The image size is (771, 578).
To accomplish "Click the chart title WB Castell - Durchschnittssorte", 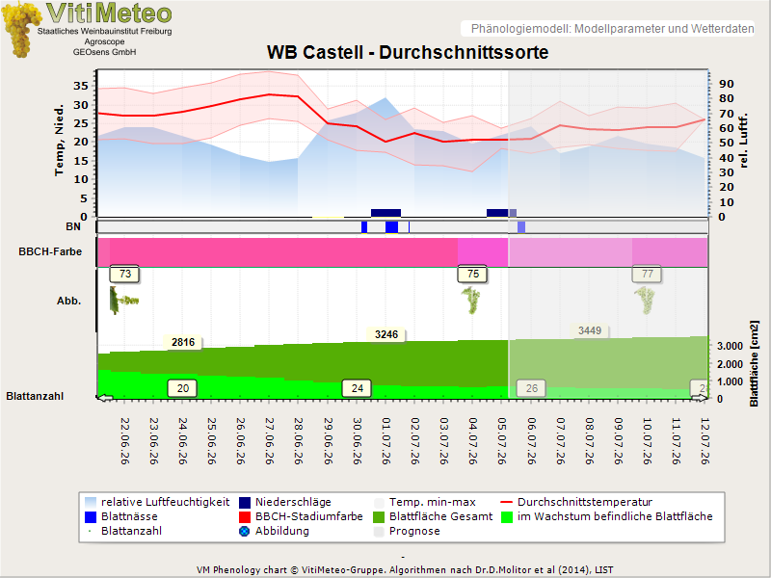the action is [408, 52].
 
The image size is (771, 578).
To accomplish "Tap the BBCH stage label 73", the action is [125, 274].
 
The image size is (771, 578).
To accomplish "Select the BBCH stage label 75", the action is [472, 274].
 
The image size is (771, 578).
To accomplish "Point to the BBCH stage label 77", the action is [647, 274].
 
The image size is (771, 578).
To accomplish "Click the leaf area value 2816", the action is [183, 342].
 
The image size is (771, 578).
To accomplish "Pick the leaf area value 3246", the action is [386, 334].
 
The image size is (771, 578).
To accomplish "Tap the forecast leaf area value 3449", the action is [590, 330].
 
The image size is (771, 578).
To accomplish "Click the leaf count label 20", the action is [182, 388].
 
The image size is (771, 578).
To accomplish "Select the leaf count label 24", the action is [357, 388].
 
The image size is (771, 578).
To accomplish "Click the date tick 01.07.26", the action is [386, 441].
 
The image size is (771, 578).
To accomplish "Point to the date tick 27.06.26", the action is [270, 441].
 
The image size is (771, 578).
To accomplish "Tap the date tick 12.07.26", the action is [705, 441].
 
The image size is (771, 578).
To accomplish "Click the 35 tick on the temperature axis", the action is [81, 86].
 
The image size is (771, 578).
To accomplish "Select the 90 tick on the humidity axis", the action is [727, 84].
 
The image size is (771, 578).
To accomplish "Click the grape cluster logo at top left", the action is [21, 30].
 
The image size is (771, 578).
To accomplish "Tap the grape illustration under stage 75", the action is [471, 301].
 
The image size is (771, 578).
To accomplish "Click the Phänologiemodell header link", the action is [612, 29].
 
